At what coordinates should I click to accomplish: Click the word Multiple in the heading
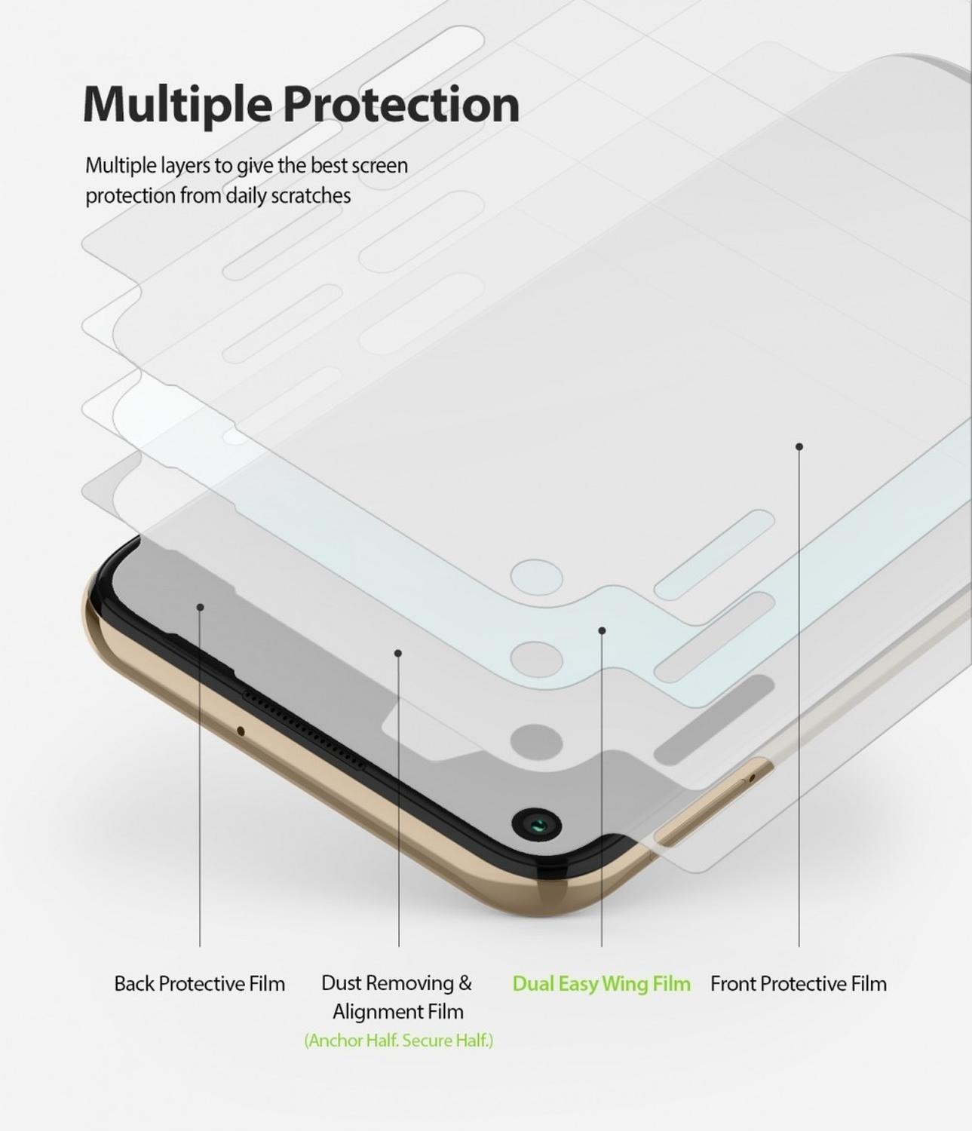click(x=176, y=106)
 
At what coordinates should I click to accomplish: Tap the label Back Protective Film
click(x=200, y=984)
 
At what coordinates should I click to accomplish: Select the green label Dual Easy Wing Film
click(x=602, y=985)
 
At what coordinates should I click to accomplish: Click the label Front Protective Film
click(x=799, y=984)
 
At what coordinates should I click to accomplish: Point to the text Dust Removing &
click(x=397, y=983)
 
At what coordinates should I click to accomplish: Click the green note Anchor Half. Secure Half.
click(x=399, y=1041)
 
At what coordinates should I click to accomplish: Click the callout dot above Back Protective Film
click(x=201, y=608)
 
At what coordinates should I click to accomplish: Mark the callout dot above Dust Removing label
click(x=398, y=653)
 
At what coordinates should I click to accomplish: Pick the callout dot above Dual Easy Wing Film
click(x=602, y=631)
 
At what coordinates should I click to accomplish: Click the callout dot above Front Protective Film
click(x=799, y=447)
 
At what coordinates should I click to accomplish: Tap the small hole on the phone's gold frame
click(x=240, y=731)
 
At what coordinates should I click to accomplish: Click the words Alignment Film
click(x=398, y=1012)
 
